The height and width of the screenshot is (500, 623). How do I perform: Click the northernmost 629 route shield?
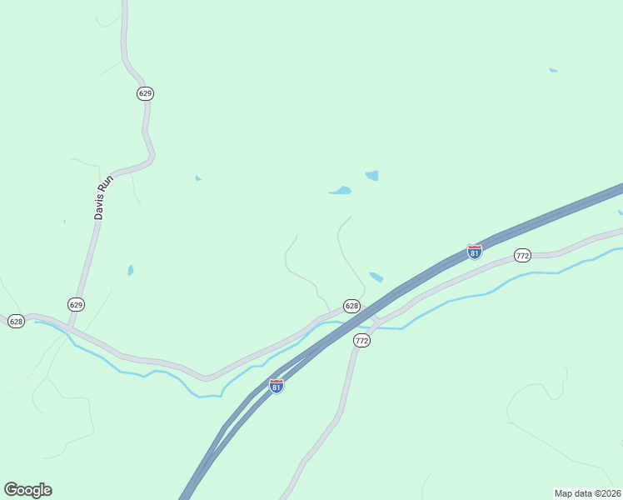tap(146, 93)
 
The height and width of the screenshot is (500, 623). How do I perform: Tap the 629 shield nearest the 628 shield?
tap(77, 304)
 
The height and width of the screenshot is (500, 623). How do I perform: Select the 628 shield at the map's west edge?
tap(16, 321)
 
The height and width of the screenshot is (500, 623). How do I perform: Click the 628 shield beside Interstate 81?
tap(351, 306)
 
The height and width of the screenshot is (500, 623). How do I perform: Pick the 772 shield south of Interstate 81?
tap(361, 341)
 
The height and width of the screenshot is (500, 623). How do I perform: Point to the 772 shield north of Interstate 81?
tap(522, 255)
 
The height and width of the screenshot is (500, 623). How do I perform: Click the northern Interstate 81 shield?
tap(474, 252)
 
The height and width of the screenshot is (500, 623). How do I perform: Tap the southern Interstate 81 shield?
tap(277, 386)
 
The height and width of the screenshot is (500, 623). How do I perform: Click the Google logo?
tap(27, 490)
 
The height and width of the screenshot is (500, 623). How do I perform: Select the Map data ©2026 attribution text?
tap(587, 493)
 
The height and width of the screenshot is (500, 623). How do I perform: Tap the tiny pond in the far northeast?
tap(553, 71)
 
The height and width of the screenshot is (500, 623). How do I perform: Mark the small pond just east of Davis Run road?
tap(130, 270)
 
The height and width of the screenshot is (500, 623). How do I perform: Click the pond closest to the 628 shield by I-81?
tap(376, 277)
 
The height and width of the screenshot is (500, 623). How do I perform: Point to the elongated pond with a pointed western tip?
tap(340, 191)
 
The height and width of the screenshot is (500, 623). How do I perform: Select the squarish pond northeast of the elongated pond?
tap(371, 176)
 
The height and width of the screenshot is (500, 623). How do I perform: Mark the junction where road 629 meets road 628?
tap(68, 329)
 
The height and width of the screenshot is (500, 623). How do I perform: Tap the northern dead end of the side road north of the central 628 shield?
tap(351, 217)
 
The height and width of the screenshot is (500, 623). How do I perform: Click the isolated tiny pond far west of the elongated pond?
tap(197, 177)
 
